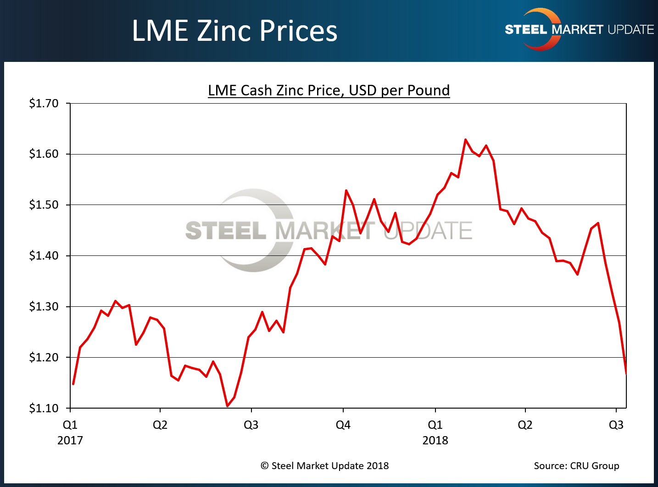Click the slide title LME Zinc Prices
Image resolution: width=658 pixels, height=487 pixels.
(234, 31)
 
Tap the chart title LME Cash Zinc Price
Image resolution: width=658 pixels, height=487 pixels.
(329, 90)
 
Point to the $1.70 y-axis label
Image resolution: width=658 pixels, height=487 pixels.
(44, 104)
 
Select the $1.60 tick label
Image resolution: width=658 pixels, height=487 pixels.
(44, 154)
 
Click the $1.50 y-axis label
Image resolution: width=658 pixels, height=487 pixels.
(44, 205)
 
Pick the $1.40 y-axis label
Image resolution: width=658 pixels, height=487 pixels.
(44, 256)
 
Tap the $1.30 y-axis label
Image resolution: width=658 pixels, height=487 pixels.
(44, 307)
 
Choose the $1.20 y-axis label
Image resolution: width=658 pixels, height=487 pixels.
(44, 357)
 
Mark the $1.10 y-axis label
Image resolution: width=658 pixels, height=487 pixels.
(44, 408)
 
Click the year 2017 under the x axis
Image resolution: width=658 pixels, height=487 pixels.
(70, 440)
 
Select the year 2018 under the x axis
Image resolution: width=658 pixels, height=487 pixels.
(435, 440)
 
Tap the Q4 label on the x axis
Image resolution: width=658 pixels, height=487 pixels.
(343, 425)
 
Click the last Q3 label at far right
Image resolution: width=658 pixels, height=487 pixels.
(616, 425)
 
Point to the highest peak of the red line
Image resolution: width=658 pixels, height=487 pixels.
(465, 139)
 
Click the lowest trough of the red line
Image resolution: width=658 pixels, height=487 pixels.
(227, 406)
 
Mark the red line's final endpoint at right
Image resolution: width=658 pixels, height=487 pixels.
(626, 374)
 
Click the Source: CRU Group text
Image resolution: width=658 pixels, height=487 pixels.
(576, 466)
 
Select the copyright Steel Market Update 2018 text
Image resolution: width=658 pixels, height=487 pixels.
(324, 466)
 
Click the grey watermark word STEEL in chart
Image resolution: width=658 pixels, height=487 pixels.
(225, 230)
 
